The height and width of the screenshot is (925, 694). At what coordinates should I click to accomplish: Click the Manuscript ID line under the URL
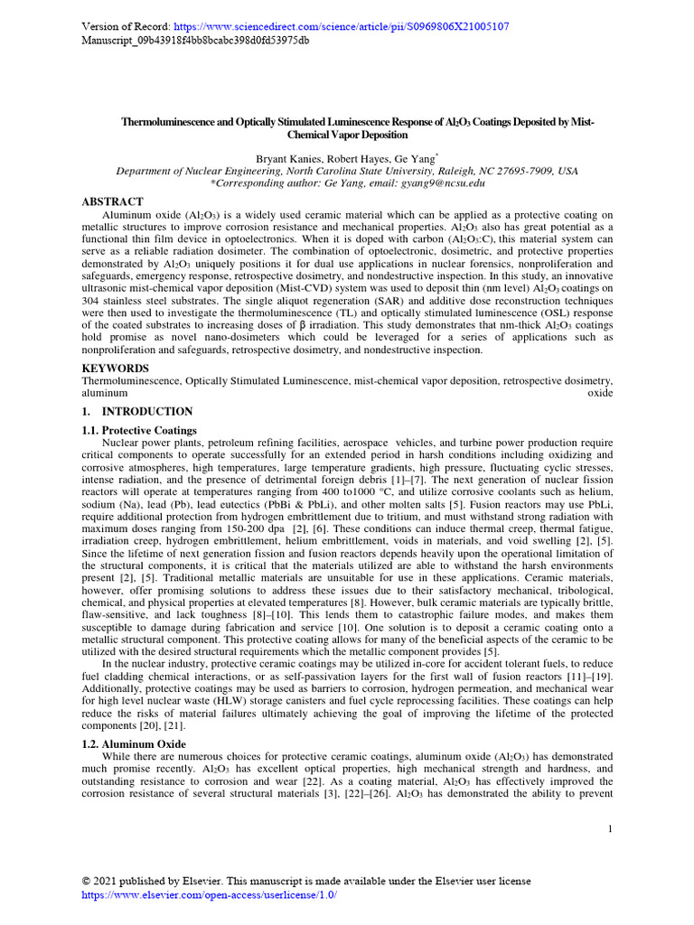[195, 41]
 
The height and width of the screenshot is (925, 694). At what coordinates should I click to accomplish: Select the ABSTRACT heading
[113, 201]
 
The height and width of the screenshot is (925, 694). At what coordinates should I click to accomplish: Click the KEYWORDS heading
[116, 369]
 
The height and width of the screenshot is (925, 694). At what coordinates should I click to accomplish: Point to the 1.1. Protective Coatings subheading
[139, 431]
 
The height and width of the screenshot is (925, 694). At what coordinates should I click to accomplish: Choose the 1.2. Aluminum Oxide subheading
[134, 743]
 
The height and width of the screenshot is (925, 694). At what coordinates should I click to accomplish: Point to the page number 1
[610, 829]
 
